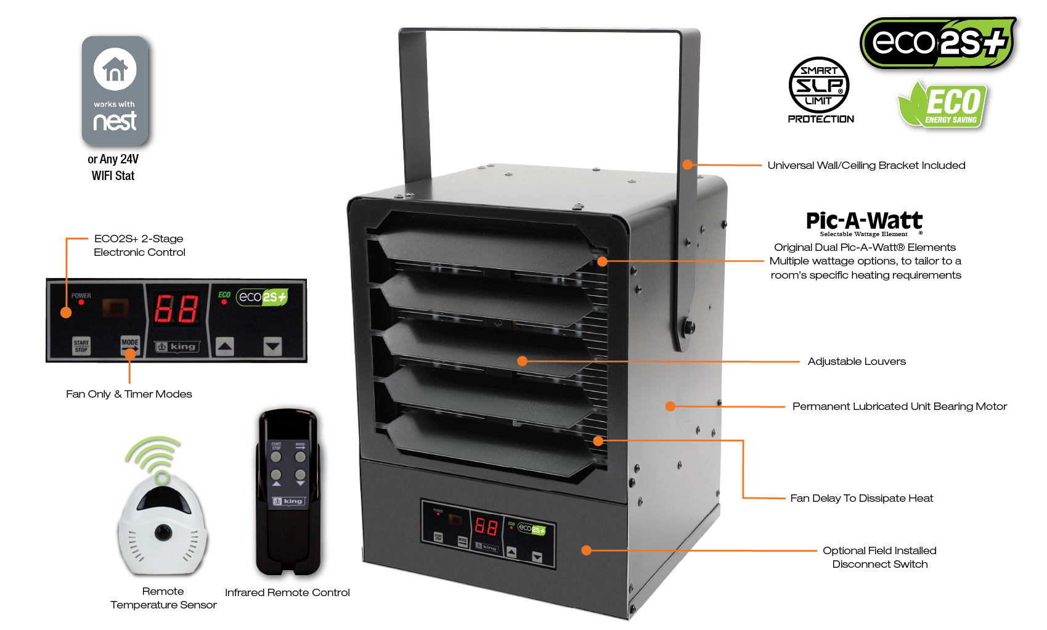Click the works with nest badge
pyautogui.click(x=115, y=90)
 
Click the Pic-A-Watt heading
pyautogui.click(x=864, y=221)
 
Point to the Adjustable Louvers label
pyautogui.click(x=857, y=361)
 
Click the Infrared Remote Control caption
pyautogui.click(x=287, y=592)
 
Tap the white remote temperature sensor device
pyautogui.click(x=163, y=524)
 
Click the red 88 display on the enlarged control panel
pyautogui.click(x=176, y=309)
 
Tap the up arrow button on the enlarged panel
pyautogui.click(x=225, y=346)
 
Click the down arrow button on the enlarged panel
pyautogui.click(x=272, y=346)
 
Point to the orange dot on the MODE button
pyautogui.click(x=130, y=354)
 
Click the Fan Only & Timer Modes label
pyautogui.click(x=129, y=394)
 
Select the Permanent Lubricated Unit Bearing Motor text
pyautogui.click(x=899, y=406)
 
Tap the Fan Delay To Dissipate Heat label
pyautogui.click(x=862, y=498)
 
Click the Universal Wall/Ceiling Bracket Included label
pyautogui.click(x=866, y=165)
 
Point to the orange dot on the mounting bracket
pyautogui.click(x=688, y=165)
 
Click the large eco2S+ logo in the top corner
pyautogui.click(x=937, y=43)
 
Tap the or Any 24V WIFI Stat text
pyautogui.click(x=113, y=167)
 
